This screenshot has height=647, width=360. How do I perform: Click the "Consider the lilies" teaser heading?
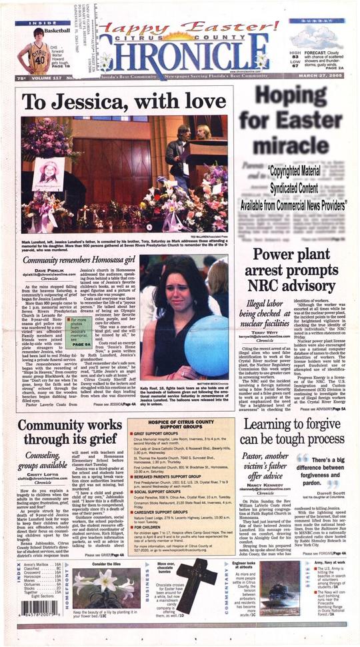click(x=105, y=564)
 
